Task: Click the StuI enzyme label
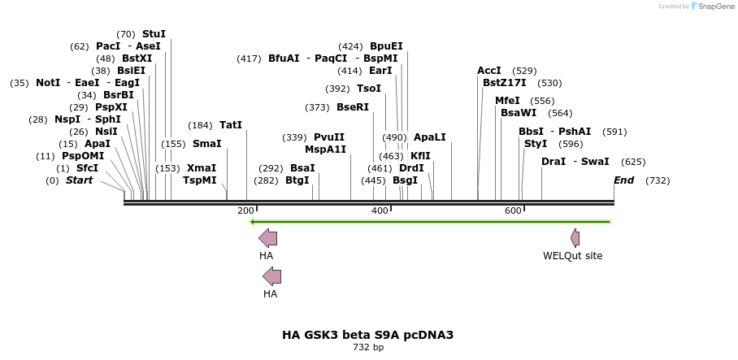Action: (x=154, y=34)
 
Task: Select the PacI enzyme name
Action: (x=108, y=46)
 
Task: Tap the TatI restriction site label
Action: (x=231, y=125)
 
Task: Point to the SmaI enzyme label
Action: (x=206, y=144)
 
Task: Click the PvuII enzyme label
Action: (x=329, y=137)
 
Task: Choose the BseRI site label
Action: (x=352, y=107)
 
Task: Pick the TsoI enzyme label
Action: (x=369, y=89)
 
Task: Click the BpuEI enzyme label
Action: (x=386, y=46)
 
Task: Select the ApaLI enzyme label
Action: (x=430, y=137)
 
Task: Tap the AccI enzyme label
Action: (x=489, y=71)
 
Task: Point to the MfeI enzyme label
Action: (x=507, y=101)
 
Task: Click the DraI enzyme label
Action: (x=553, y=162)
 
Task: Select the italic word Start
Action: (x=79, y=180)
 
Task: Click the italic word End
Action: (x=624, y=180)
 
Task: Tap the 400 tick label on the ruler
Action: (x=380, y=211)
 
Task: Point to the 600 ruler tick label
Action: (x=513, y=211)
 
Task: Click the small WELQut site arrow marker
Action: (x=575, y=238)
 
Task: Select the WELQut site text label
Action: (x=573, y=255)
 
